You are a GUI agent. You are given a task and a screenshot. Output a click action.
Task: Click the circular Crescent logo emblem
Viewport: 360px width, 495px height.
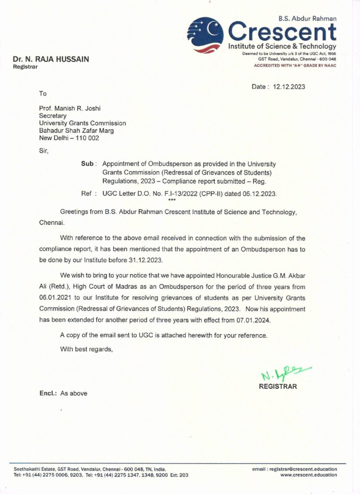point(205,35)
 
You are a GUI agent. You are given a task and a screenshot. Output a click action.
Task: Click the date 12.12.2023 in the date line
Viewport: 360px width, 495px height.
point(289,87)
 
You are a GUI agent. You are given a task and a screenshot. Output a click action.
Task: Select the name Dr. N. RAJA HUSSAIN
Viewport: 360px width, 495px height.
point(51,59)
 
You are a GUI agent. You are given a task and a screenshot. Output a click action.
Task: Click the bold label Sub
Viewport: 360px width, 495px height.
point(87,164)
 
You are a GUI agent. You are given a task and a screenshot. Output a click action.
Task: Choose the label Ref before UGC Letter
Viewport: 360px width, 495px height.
point(86,194)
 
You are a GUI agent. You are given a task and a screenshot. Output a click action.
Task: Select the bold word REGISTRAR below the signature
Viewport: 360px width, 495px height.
point(278,386)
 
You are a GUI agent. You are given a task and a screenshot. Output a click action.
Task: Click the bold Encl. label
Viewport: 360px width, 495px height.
point(48,393)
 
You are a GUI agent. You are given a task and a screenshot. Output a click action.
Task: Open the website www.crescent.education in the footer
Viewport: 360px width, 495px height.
point(308,475)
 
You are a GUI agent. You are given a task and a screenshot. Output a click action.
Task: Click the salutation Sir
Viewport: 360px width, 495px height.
point(43,150)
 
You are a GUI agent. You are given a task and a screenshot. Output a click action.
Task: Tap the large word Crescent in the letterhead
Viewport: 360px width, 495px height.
point(282,32)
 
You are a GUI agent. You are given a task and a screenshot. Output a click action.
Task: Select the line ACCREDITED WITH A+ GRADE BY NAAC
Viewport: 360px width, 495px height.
point(295,65)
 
